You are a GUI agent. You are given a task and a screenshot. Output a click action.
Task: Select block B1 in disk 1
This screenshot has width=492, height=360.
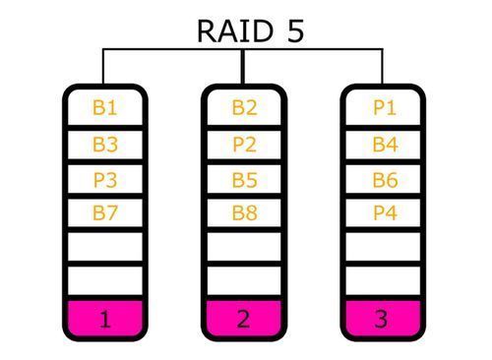click(x=105, y=108)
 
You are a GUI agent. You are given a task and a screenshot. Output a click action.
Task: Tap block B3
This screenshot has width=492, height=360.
click(x=105, y=145)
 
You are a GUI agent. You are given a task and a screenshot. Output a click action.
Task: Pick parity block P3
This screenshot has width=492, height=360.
click(x=105, y=180)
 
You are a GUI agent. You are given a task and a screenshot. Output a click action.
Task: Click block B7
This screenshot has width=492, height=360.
click(x=105, y=212)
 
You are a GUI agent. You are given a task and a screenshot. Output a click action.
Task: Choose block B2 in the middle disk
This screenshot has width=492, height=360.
click(x=244, y=108)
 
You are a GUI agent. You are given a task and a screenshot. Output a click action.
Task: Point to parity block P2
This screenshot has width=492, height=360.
click(x=244, y=145)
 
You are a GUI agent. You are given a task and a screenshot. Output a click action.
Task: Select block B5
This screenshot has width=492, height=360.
click(x=244, y=180)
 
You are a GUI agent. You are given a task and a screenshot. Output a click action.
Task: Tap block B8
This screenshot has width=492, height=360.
click(x=244, y=212)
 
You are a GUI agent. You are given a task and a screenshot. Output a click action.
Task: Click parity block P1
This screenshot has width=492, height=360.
click(x=384, y=108)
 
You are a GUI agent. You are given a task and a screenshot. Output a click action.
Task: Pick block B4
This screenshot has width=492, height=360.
click(x=384, y=145)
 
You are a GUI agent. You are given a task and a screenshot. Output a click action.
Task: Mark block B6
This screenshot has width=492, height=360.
click(x=384, y=180)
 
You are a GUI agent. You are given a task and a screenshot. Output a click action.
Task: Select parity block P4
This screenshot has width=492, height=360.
click(x=384, y=212)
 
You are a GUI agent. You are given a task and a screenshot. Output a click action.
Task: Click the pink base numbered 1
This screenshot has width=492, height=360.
click(x=105, y=318)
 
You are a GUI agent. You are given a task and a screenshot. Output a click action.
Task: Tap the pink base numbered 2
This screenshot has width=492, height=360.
click(x=244, y=318)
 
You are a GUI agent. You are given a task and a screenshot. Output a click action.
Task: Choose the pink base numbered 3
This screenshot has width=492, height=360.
click(x=384, y=318)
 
